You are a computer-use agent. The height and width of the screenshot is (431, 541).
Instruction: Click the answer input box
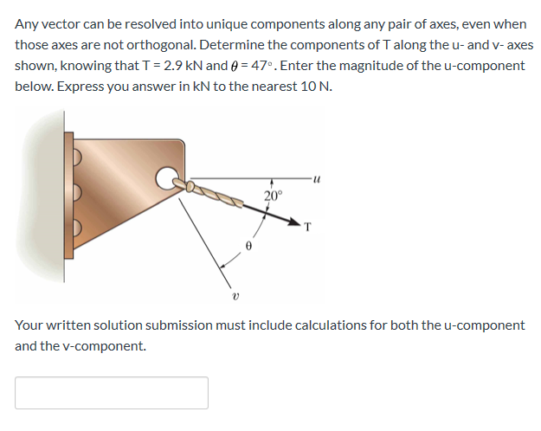(x=111, y=392)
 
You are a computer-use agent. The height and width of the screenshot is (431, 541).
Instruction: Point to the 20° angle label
(x=273, y=196)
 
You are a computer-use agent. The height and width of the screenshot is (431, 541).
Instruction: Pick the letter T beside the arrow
(x=308, y=228)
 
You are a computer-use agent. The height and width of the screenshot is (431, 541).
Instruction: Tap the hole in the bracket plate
(x=164, y=179)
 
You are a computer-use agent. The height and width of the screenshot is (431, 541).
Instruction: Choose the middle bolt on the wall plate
(x=75, y=194)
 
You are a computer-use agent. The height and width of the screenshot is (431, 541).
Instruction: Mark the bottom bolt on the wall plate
(x=75, y=230)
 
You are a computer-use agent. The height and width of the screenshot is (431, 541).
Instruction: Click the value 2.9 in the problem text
(x=213, y=66)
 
